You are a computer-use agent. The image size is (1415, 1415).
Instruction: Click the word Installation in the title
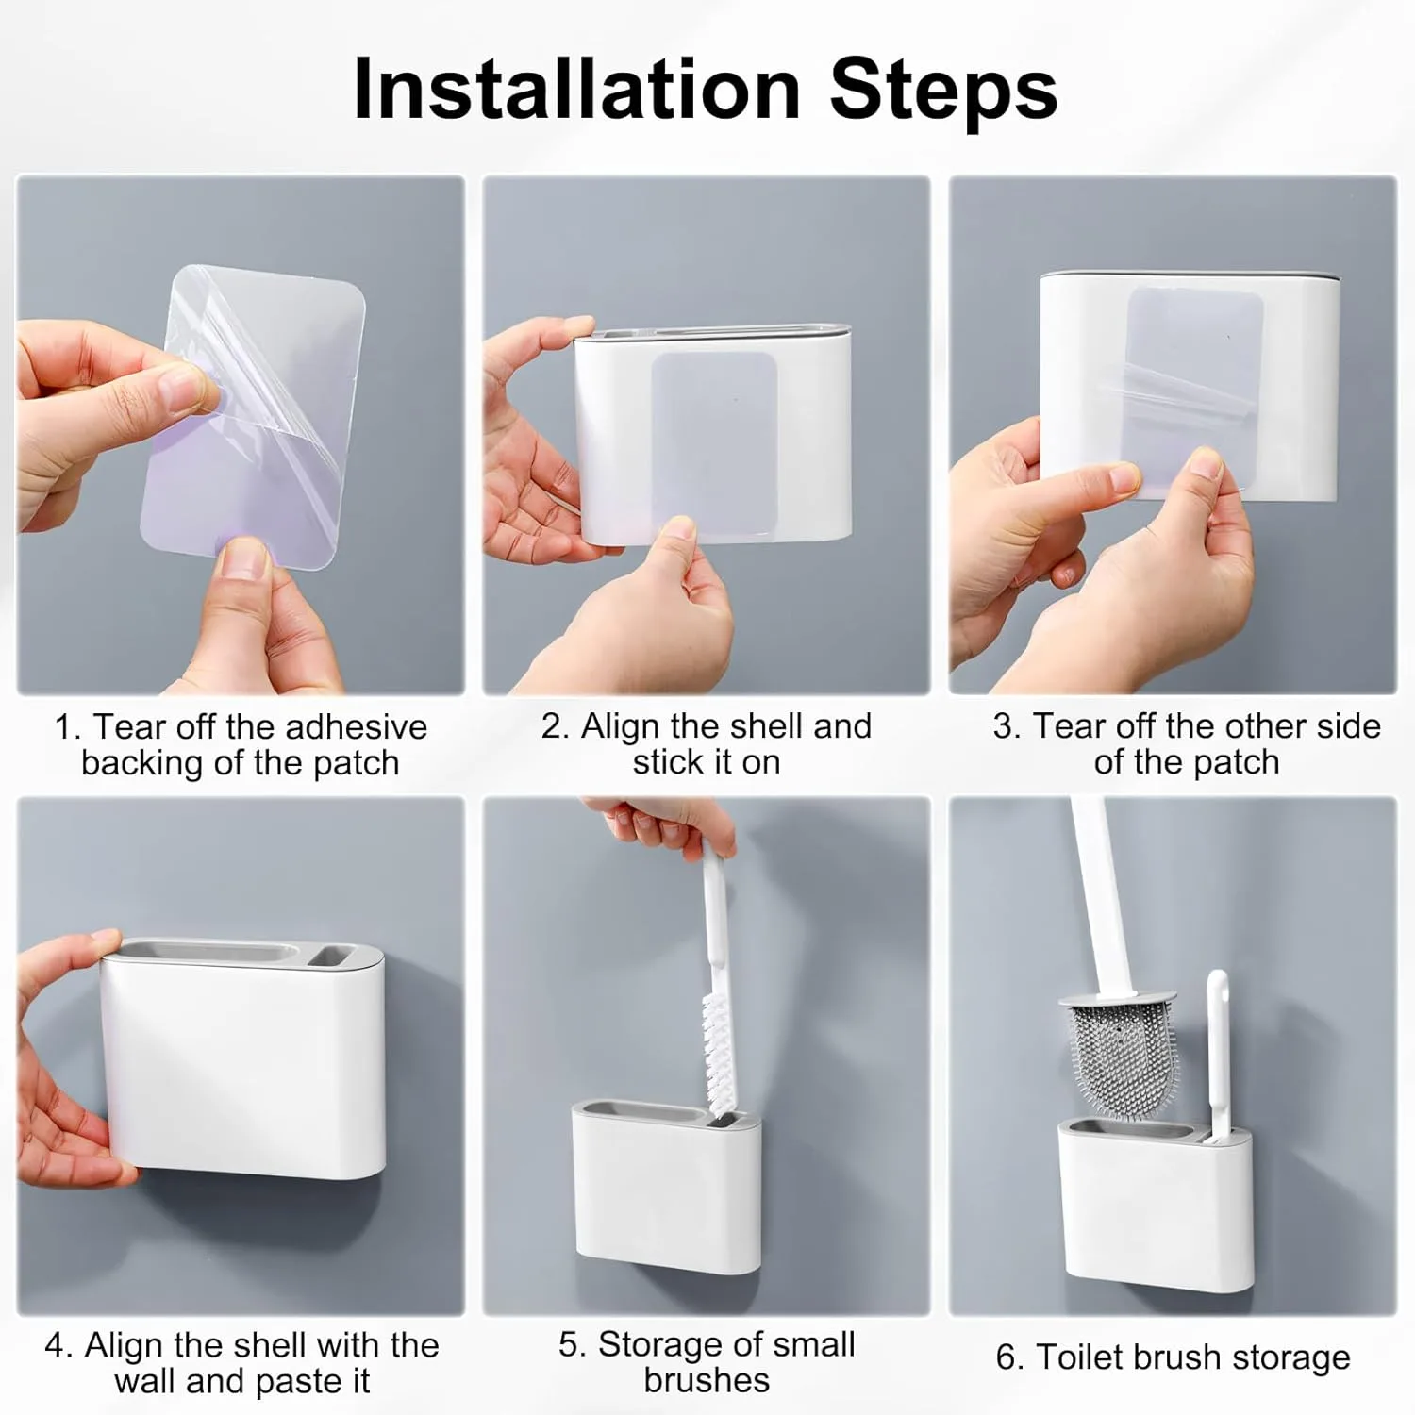(576, 90)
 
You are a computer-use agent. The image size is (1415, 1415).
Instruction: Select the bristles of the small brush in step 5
(720, 1057)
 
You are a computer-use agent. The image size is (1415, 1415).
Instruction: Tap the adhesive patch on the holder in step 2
(714, 444)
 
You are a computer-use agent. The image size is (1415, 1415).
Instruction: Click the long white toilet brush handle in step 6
(1100, 897)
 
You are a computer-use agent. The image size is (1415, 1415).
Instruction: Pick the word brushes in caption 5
(707, 1381)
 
